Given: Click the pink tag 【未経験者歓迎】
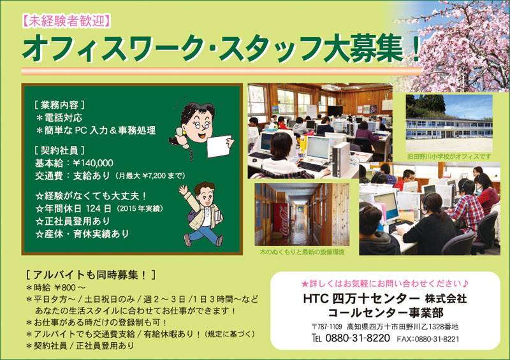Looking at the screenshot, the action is pyautogui.click(x=66, y=21).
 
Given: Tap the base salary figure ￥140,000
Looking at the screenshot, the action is pyautogui.click(x=93, y=162).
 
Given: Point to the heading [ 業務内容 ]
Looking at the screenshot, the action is pyautogui.click(x=59, y=105).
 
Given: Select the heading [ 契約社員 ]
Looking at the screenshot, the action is pyautogui.click(x=59, y=150).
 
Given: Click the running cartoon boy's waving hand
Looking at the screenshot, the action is pyautogui.click(x=183, y=190).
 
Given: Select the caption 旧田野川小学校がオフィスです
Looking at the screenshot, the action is pyautogui.click(x=449, y=157).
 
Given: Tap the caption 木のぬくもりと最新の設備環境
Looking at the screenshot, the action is pyautogui.click(x=302, y=252).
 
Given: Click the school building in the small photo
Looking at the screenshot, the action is pyautogui.click(x=449, y=129).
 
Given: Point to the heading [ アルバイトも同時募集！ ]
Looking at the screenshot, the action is pyautogui.click(x=91, y=275).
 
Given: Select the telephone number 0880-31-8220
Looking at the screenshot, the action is pyautogui.click(x=358, y=338).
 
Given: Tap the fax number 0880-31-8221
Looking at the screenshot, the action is pyautogui.click(x=437, y=339).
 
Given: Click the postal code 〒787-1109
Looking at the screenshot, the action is pyautogui.click(x=326, y=326).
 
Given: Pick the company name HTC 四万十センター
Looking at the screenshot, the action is pyautogui.click(x=361, y=298).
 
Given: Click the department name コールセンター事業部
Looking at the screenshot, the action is pyautogui.click(x=386, y=312).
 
